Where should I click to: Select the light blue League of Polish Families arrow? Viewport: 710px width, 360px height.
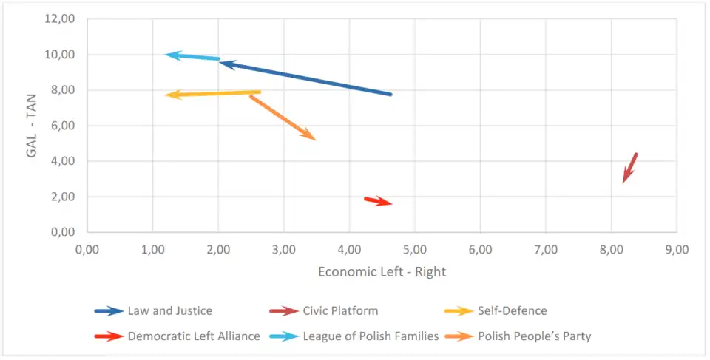pos(192,56)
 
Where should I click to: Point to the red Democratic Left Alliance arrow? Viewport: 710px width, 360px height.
pos(378,200)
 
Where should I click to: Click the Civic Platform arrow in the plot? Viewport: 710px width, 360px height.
pos(630,168)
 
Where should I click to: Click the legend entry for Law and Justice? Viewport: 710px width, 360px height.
pos(169,311)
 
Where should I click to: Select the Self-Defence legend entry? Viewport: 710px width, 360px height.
pos(512,311)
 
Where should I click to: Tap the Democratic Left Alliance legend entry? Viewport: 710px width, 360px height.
pos(194,336)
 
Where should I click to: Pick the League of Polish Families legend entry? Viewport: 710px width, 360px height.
pos(371,336)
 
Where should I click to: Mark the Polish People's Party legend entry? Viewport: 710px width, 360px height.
pos(534,336)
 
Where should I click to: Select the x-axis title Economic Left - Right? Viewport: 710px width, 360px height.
pos(382,271)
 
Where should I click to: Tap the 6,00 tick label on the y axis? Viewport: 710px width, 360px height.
pos(63,126)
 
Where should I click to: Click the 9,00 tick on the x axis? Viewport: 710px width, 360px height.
pos(676,249)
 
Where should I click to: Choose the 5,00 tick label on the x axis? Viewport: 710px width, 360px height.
pos(414,249)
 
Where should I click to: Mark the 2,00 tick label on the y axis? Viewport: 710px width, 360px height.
pos(63,197)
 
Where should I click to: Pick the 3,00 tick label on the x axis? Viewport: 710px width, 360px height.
pos(283,249)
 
